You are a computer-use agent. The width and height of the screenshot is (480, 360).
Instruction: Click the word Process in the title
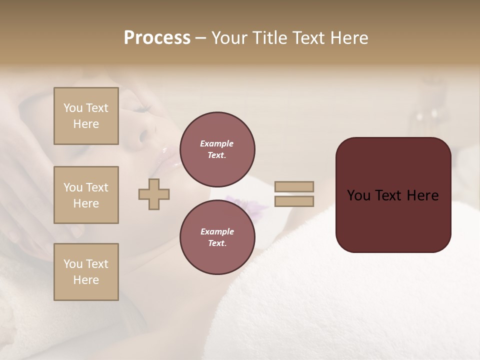[x=157, y=38]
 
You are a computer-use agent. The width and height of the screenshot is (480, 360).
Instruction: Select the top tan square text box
[x=86, y=116]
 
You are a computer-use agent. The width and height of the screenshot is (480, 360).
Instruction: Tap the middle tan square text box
[x=86, y=195]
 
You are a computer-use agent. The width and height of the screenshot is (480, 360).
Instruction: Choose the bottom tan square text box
[x=86, y=272]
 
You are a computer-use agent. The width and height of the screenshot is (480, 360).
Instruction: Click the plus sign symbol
[x=154, y=194]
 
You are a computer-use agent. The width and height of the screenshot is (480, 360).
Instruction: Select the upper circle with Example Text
[x=217, y=149]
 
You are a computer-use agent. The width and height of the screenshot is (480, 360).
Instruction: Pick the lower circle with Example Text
[x=217, y=237]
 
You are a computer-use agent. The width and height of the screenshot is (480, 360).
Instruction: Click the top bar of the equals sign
[x=294, y=186]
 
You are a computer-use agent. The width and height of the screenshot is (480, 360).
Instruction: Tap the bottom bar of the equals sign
[x=294, y=201]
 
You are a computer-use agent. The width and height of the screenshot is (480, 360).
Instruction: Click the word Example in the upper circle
[x=217, y=143]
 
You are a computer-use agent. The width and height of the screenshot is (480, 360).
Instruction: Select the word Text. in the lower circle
[x=217, y=243]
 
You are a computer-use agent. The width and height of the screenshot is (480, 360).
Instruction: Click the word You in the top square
[x=72, y=108]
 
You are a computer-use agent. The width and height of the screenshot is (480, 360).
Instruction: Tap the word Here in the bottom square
[x=86, y=280]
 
